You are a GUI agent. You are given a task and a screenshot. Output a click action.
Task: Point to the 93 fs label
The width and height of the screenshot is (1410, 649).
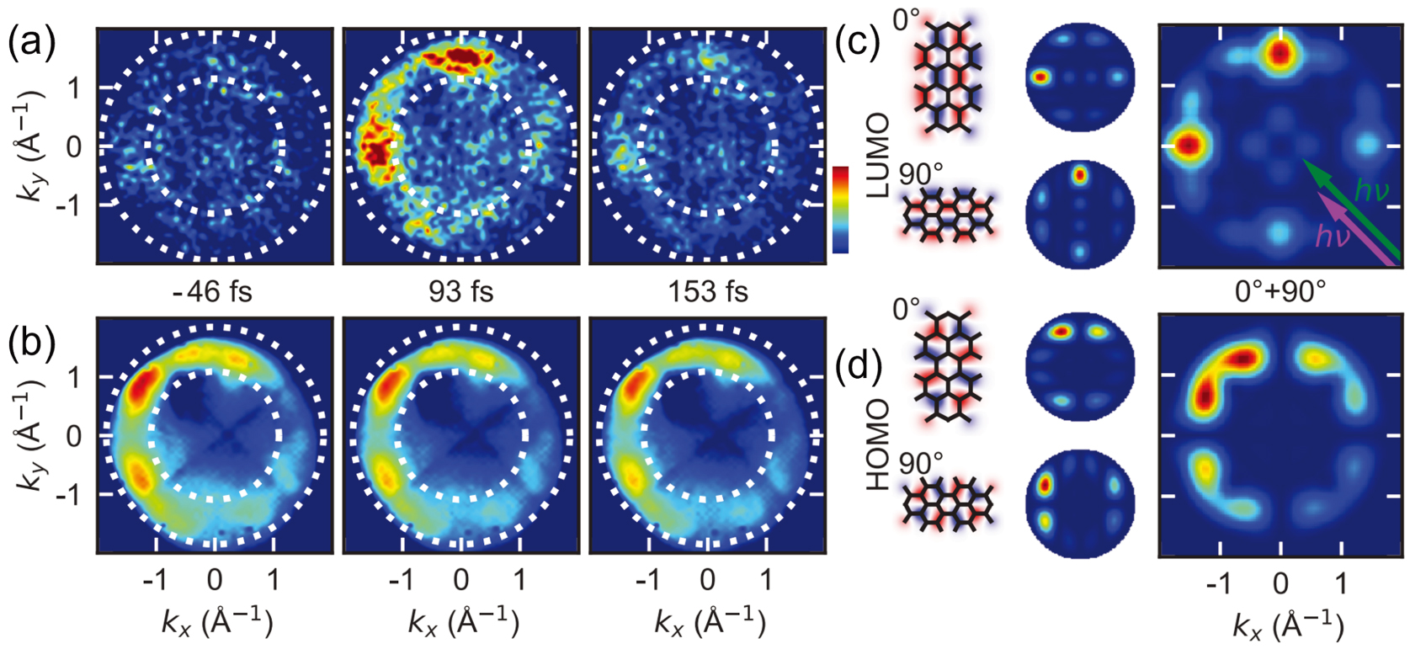point(460,291)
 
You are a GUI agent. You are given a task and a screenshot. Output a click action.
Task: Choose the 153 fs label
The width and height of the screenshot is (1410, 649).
point(708,291)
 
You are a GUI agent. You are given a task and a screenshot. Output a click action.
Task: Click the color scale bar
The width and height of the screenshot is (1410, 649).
point(839,210)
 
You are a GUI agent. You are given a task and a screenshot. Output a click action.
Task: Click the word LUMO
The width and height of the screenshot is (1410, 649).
point(878,156)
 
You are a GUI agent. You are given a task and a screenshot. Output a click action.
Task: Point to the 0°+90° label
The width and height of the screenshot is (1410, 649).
point(1280,291)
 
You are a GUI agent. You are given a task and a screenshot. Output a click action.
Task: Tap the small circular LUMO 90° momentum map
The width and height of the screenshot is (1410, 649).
point(1080,215)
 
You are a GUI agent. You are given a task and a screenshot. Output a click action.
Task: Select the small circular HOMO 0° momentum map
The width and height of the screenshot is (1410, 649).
point(1080,364)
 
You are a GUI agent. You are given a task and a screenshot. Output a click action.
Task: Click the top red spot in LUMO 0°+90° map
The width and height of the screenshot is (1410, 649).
point(1280,54)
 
